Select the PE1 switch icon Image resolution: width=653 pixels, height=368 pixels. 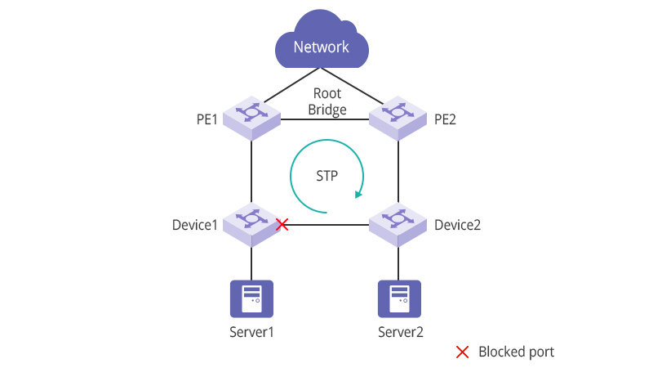tap(251, 117)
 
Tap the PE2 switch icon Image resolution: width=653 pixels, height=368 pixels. tap(398, 117)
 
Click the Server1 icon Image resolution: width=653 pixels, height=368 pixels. tap(251, 298)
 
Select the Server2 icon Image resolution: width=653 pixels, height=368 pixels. tap(398, 298)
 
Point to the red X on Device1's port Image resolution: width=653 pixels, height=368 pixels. tap(282, 223)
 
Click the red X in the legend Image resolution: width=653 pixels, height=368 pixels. tap(462, 352)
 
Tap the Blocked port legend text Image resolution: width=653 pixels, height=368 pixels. tap(516, 352)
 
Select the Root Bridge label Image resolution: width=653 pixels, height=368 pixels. tap(327, 101)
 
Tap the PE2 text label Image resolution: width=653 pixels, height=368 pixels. tap(445, 119)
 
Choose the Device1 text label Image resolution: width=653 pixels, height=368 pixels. tap(195, 224)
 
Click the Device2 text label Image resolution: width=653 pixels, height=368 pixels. tap(458, 224)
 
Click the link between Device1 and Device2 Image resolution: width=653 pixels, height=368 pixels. tap(326, 224)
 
